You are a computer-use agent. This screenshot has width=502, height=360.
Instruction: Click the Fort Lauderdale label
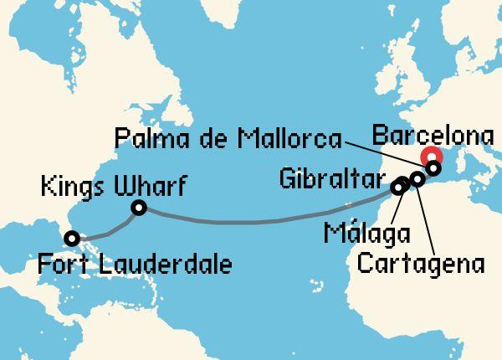tap(135, 265)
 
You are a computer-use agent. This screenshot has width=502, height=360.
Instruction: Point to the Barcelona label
tap(433, 134)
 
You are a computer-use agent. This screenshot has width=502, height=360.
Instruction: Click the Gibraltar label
tap(332, 177)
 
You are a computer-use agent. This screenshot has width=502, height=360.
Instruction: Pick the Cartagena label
tap(422, 265)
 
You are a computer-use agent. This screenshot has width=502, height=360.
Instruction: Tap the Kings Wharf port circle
tap(139, 208)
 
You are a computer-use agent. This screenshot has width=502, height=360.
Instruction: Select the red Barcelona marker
tap(433, 157)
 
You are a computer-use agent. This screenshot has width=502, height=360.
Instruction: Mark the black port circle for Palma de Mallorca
tap(433, 168)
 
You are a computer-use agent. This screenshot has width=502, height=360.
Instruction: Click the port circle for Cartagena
tap(417, 178)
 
